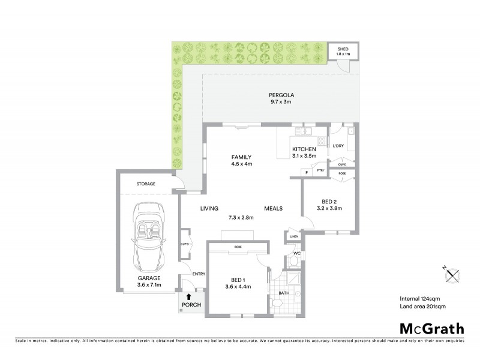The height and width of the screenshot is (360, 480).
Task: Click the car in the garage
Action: click(x=148, y=237)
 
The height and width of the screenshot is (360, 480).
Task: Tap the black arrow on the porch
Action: click(x=190, y=296)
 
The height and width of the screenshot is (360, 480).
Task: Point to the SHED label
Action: click(x=343, y=49)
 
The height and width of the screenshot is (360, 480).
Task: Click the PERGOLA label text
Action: click(x=281, y=95)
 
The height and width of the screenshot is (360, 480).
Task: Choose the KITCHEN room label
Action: click(x=304, y=149)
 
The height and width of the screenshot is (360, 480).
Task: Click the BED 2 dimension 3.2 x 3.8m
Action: click(x=328, y=209)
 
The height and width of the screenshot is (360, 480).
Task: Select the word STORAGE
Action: click(x=146, y=184)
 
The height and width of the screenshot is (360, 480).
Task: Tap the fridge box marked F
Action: click(x=307, y=173)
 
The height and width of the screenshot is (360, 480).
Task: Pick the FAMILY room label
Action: click(x=241, y=157)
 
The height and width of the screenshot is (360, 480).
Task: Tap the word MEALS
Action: click(x=274, y=208)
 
